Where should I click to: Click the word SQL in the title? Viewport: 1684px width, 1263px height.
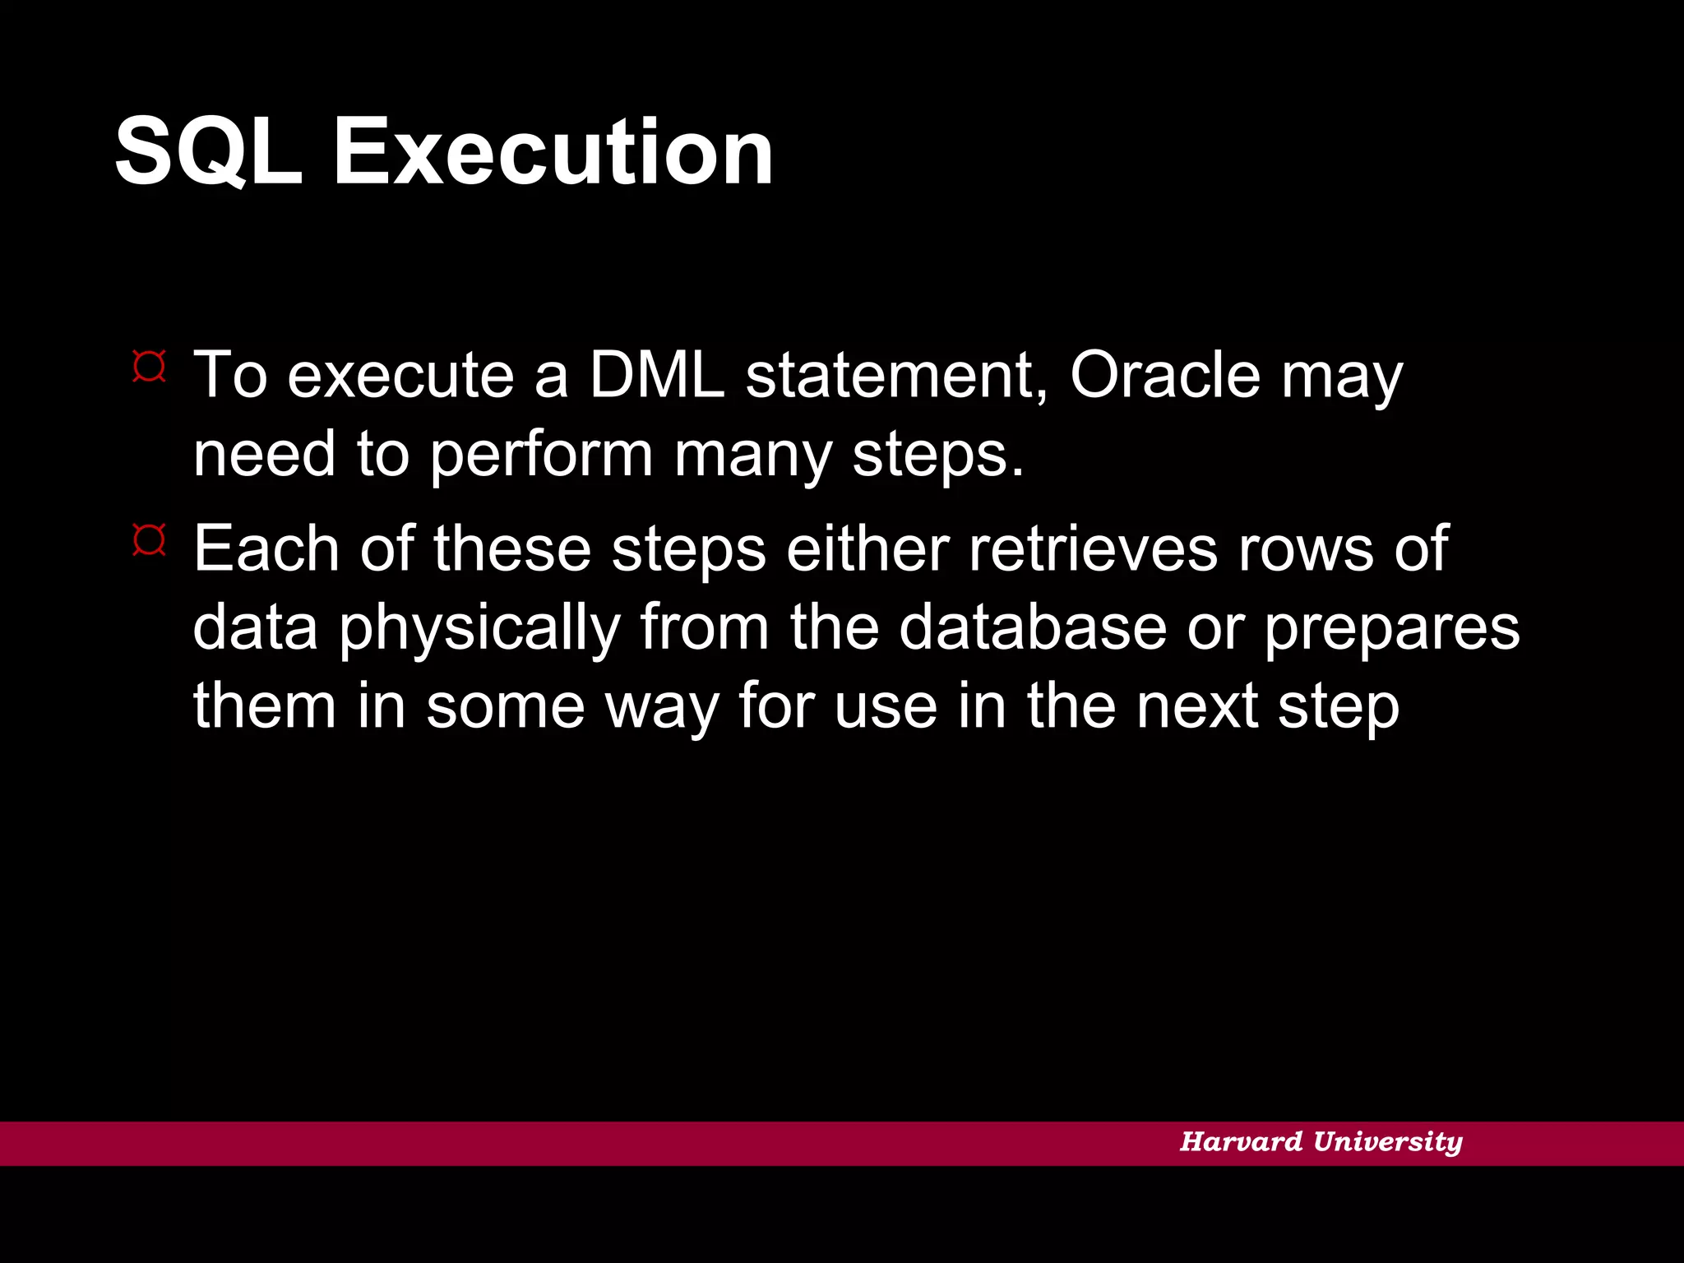[209, 152]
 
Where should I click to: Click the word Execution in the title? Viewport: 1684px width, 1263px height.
[553, 152]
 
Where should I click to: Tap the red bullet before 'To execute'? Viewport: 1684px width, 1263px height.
[150, 367]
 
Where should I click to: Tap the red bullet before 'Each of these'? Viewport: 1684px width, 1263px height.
[150, 540]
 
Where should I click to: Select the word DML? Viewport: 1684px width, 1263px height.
[657, 375]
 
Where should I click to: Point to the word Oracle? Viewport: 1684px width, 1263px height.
[1164, 375]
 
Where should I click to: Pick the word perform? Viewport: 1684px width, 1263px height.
[541, 455]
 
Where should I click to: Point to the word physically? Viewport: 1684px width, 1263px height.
[479, 628]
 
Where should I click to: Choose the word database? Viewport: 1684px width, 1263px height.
[1033, 627]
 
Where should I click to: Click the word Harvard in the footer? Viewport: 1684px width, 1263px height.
[1241, 1141]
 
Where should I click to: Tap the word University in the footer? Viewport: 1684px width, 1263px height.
[1387, 1141]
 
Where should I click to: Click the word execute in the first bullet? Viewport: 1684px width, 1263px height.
[400, 375]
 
